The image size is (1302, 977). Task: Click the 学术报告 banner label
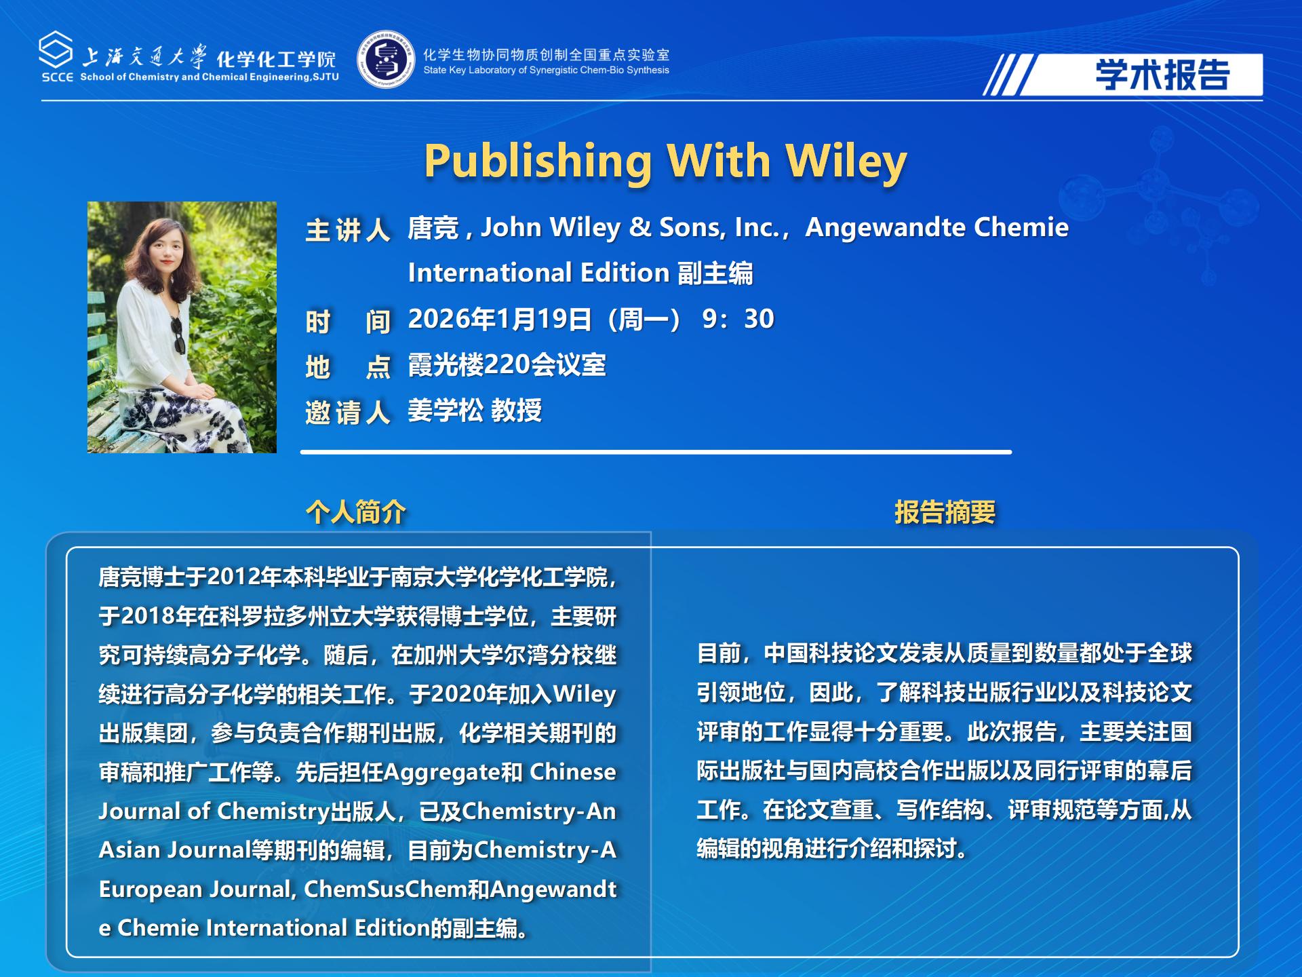coord(1162,75)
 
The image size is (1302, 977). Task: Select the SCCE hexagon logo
coord(56,50)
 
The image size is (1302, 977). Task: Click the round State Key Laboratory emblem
coord(386,59)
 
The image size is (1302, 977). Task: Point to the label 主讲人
coord(348,230)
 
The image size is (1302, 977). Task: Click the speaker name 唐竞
coord(433,228)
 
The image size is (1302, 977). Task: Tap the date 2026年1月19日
coord(500,319)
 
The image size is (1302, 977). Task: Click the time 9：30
coord(738,319)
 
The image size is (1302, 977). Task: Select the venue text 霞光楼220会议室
coord(507,365)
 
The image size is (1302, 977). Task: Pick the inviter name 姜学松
coord(446,410)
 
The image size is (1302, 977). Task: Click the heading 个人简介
coord(356,512)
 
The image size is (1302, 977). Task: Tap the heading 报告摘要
coord(945,512)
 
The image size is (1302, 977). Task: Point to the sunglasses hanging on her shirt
coord(178,335)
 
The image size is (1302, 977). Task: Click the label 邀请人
coord(348,412)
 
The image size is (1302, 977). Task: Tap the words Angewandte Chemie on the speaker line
coord(936,228)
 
